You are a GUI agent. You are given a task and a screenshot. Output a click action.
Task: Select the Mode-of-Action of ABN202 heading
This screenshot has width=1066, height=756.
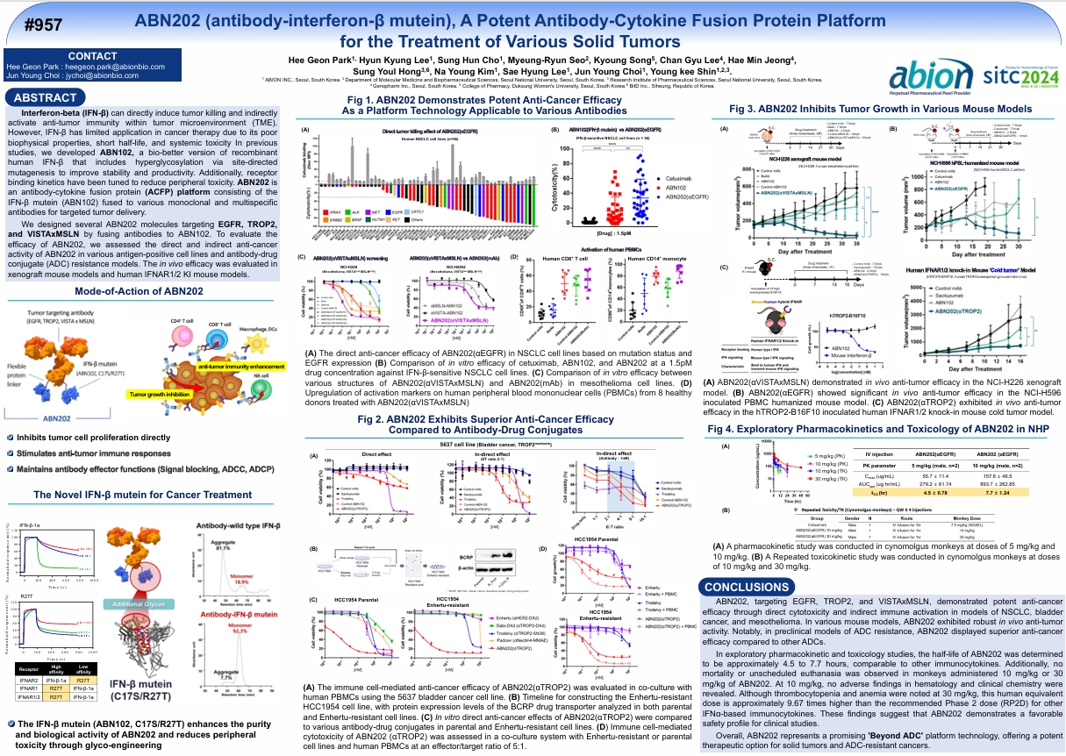pos(140,290)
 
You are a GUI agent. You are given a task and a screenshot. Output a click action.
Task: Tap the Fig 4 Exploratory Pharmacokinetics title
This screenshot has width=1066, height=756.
pos(880,429)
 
